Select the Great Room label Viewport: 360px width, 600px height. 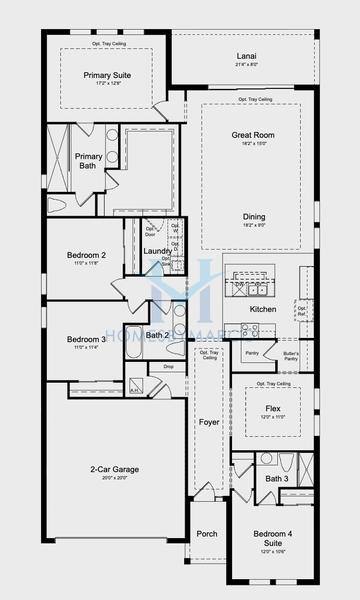253,135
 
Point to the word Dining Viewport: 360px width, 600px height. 253,216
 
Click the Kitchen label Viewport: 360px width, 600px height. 263,309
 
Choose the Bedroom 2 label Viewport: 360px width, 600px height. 86,255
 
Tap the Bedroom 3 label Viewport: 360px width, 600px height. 86,339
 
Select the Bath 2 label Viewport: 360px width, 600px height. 157,335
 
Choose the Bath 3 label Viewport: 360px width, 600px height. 276,479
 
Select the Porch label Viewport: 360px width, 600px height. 207,533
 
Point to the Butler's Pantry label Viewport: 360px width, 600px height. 291,355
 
